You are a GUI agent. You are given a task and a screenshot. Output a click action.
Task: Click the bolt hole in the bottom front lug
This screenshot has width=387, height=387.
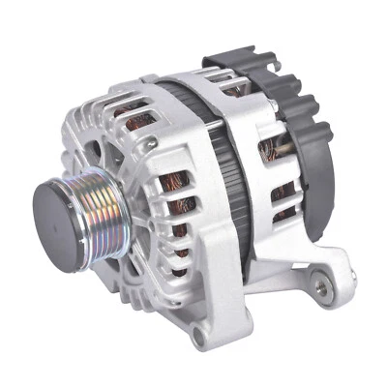200,338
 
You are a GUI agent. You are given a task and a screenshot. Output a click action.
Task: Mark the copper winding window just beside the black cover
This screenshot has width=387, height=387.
276,145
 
